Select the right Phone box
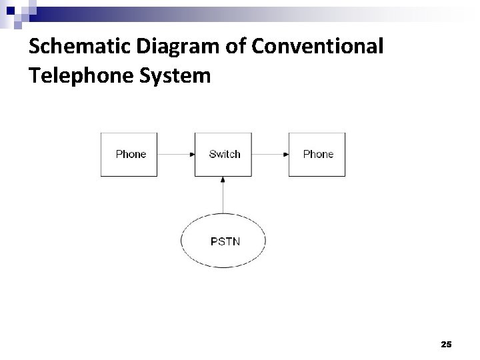tap(317, 165)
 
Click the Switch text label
tap(224, 154)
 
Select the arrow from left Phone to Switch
tap(175, 154)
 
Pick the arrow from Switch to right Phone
tap(270, 154)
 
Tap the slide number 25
tap(446, 344)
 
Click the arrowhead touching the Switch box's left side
tap(192, 154)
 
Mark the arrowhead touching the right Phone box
tap(286, 154)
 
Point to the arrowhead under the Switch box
tap(223, 179)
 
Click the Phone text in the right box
tap(318, 154)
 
